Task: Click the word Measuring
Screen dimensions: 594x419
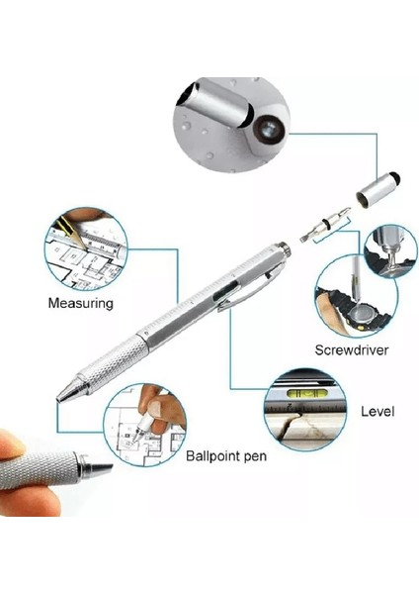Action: [81, 304]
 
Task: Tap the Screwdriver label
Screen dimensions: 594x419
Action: [351, 348]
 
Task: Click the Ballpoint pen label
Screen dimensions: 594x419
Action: [226, 456]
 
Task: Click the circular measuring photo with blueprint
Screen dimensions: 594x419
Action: [86, 248]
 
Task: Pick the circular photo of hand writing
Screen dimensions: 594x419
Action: [143, 426]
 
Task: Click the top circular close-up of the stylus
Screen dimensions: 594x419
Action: [232, 124]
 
